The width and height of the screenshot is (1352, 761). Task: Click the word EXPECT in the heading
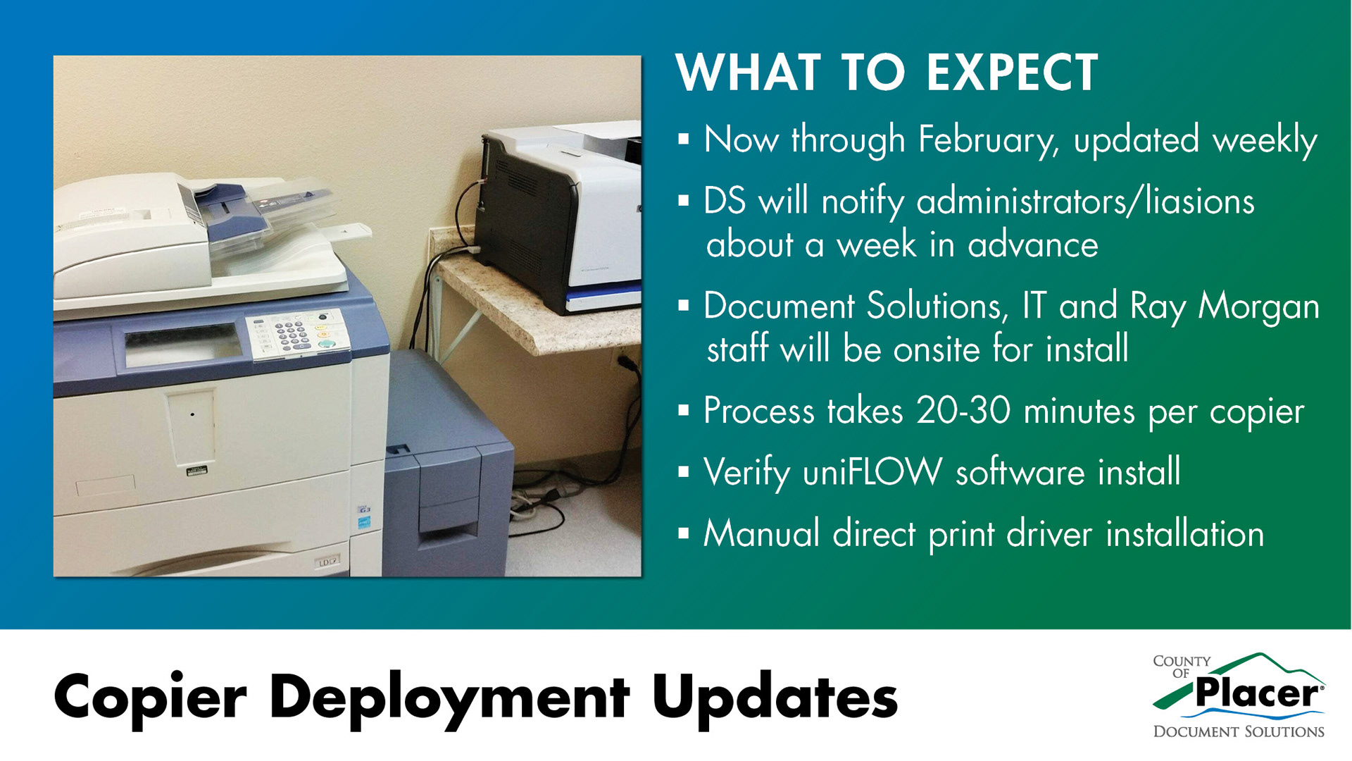[x=1013, y=73]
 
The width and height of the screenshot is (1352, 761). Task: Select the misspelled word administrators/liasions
[x=1085, y=202]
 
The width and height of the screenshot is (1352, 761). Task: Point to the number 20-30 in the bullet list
[x=963, y=410]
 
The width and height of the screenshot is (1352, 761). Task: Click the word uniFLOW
[x=872, y=471]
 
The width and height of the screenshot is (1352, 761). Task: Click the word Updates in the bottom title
[x=775, y=697]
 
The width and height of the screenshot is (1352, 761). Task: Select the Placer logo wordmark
[x=1258, y=693]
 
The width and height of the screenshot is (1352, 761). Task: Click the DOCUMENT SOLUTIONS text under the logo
[x=1239, y=732]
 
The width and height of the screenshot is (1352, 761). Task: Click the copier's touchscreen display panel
[x=184, y=345]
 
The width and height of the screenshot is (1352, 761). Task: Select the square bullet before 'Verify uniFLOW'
[x=683, y=472]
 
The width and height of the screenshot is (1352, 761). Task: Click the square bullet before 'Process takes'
[x=683, y=411]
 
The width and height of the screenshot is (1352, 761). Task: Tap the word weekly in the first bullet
[x=1265, y=140]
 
